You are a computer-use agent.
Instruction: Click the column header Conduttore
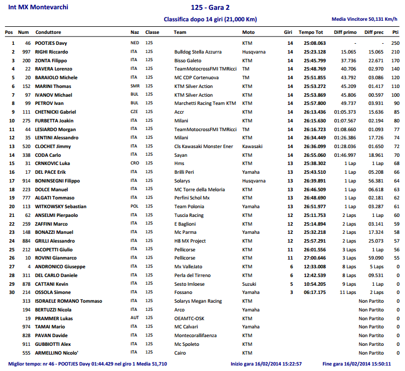pos(48,32)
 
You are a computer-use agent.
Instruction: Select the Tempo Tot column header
pos(311,32)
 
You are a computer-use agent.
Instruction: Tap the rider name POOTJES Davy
pos(51,43)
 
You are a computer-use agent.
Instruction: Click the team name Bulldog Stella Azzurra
pos(198,52)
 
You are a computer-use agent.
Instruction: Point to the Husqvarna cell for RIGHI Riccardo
pos(254,52)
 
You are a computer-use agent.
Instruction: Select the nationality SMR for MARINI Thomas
pos(135,86)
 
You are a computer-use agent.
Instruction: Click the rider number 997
pos(26,52)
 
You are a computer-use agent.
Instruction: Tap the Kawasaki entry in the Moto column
pos(252,146)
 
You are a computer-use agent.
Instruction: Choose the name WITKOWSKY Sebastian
pos(61,207)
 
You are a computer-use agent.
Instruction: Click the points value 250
pos(395,43)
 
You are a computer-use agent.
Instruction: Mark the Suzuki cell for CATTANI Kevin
pos(249,284)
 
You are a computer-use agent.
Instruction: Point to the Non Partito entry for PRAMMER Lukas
pos(371,319)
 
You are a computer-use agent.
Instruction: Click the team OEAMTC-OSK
pos(190,319)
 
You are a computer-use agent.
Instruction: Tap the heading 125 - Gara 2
pos(210,8)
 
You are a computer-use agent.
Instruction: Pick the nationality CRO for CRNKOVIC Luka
pos(135,163)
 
